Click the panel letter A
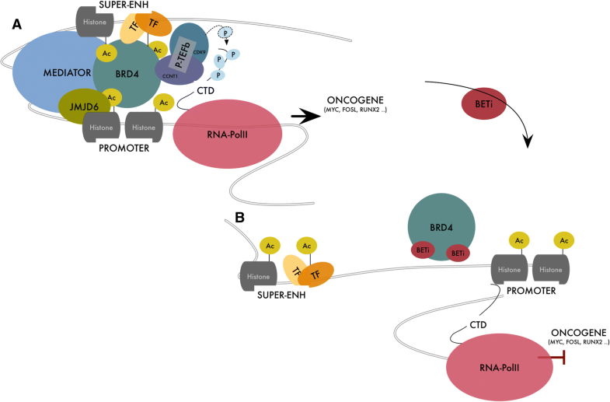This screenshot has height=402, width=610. click(16, 24)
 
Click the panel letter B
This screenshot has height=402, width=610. click(240, 218)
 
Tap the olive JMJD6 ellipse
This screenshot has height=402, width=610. click(75, 107)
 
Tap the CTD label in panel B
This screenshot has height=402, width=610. click(479, 322)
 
